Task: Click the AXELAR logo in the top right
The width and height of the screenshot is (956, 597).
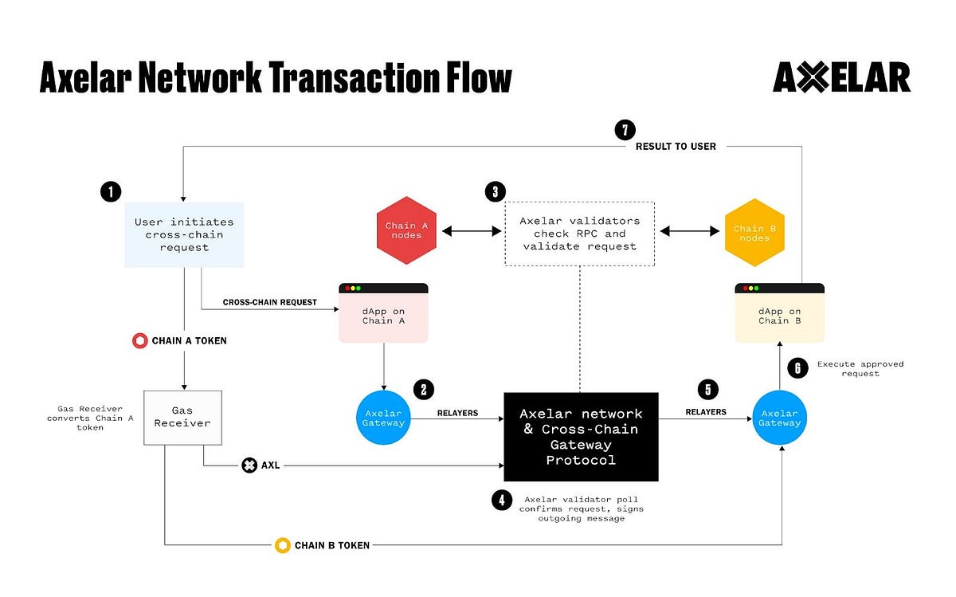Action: point(841,78)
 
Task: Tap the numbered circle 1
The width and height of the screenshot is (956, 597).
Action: point(111,191)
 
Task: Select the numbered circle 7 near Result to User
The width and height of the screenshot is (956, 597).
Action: point(625,130)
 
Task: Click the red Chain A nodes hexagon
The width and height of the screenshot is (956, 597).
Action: point(406,231)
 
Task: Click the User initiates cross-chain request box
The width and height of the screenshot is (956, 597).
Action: point(183,234)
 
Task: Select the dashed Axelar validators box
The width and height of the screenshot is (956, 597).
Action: point(579,234)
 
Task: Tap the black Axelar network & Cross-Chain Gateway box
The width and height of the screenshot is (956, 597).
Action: point(581,437)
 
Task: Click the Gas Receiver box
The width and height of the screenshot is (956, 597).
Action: point(182,418)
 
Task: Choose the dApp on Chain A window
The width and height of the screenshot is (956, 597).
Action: point(383,313)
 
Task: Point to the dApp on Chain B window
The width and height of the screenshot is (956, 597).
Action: point(779,313)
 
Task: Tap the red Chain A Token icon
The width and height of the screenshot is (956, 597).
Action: point(139,340)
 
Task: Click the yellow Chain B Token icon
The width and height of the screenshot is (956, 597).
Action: point(282,545)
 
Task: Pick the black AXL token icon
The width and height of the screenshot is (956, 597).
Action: point(249,465)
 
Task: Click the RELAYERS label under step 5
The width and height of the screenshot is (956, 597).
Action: point(706,412)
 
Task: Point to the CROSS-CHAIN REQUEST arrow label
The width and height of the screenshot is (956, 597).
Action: point(269,302)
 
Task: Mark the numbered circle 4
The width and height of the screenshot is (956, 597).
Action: point(501,501)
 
